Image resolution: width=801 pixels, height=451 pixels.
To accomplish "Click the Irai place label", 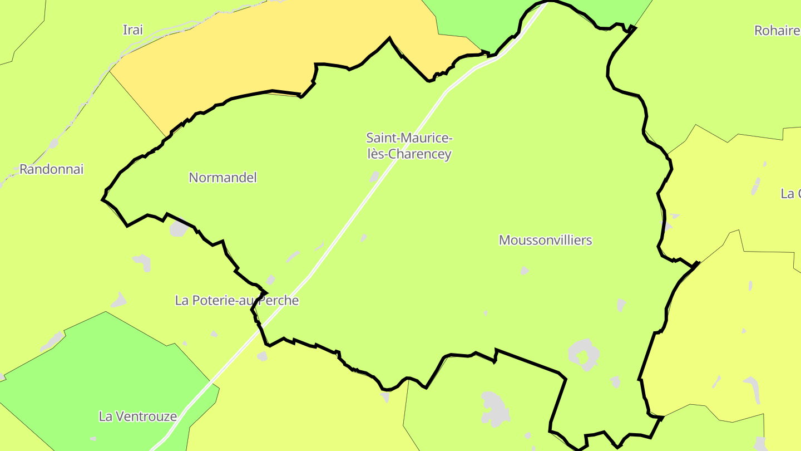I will pyautogui.click(x=132, y=30).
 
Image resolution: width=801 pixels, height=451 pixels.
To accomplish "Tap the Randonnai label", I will pyautogui.click(x=51, y=169).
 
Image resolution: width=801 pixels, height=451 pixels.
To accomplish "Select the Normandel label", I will pyautogui.click(x=222, y=178).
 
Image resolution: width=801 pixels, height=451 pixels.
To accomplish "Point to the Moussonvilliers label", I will pyautogui.click(x=545, y=240).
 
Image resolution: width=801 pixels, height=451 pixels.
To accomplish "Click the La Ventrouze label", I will pyautogui.click(x=137, y=416).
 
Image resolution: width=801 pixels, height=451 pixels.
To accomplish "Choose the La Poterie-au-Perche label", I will pyautogui.click(x=237, y=301).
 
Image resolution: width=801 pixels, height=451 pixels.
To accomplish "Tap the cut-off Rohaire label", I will pyautogui.click(x=777, y=31).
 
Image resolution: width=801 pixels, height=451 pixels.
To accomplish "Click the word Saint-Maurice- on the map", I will pyautogui.click(x=409, y=138).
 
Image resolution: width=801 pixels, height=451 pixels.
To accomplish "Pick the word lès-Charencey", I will pyautogui.click(x=409, y=154).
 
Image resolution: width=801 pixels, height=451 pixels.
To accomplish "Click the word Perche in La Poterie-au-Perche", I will pyautogui.click(x=281, y=301).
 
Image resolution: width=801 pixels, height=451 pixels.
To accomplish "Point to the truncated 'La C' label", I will pyautogui.click(x=790, y=194).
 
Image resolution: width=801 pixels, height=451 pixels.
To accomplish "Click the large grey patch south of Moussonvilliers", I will pyautogui.click(x=583, y=354).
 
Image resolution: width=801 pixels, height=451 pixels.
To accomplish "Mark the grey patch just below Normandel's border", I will pyautogui.click(x=178, y=228).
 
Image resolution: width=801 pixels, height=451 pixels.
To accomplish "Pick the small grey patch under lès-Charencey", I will pyautogui.click(x=375, y=177).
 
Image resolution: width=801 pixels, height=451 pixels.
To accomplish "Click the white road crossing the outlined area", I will pyautogui.click(x=356, y=212).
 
